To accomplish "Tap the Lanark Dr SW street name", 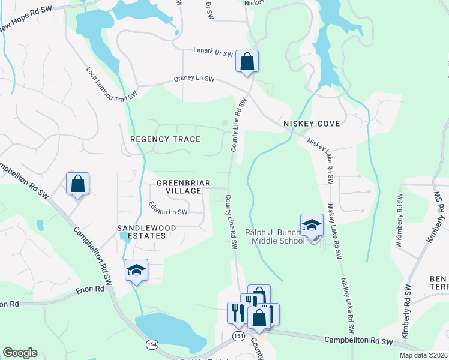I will [212, 53].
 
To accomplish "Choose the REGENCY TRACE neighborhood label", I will [165, 139].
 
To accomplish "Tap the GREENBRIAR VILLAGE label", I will [179, 187].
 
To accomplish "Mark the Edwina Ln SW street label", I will [169, 212].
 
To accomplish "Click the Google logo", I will [20, 353].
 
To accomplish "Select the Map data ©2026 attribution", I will [423, 355].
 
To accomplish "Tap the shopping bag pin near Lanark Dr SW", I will [247, 61].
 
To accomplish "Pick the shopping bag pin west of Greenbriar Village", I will [78, 183].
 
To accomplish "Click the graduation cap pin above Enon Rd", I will [136, 269].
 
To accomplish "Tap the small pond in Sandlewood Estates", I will [123, 236].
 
